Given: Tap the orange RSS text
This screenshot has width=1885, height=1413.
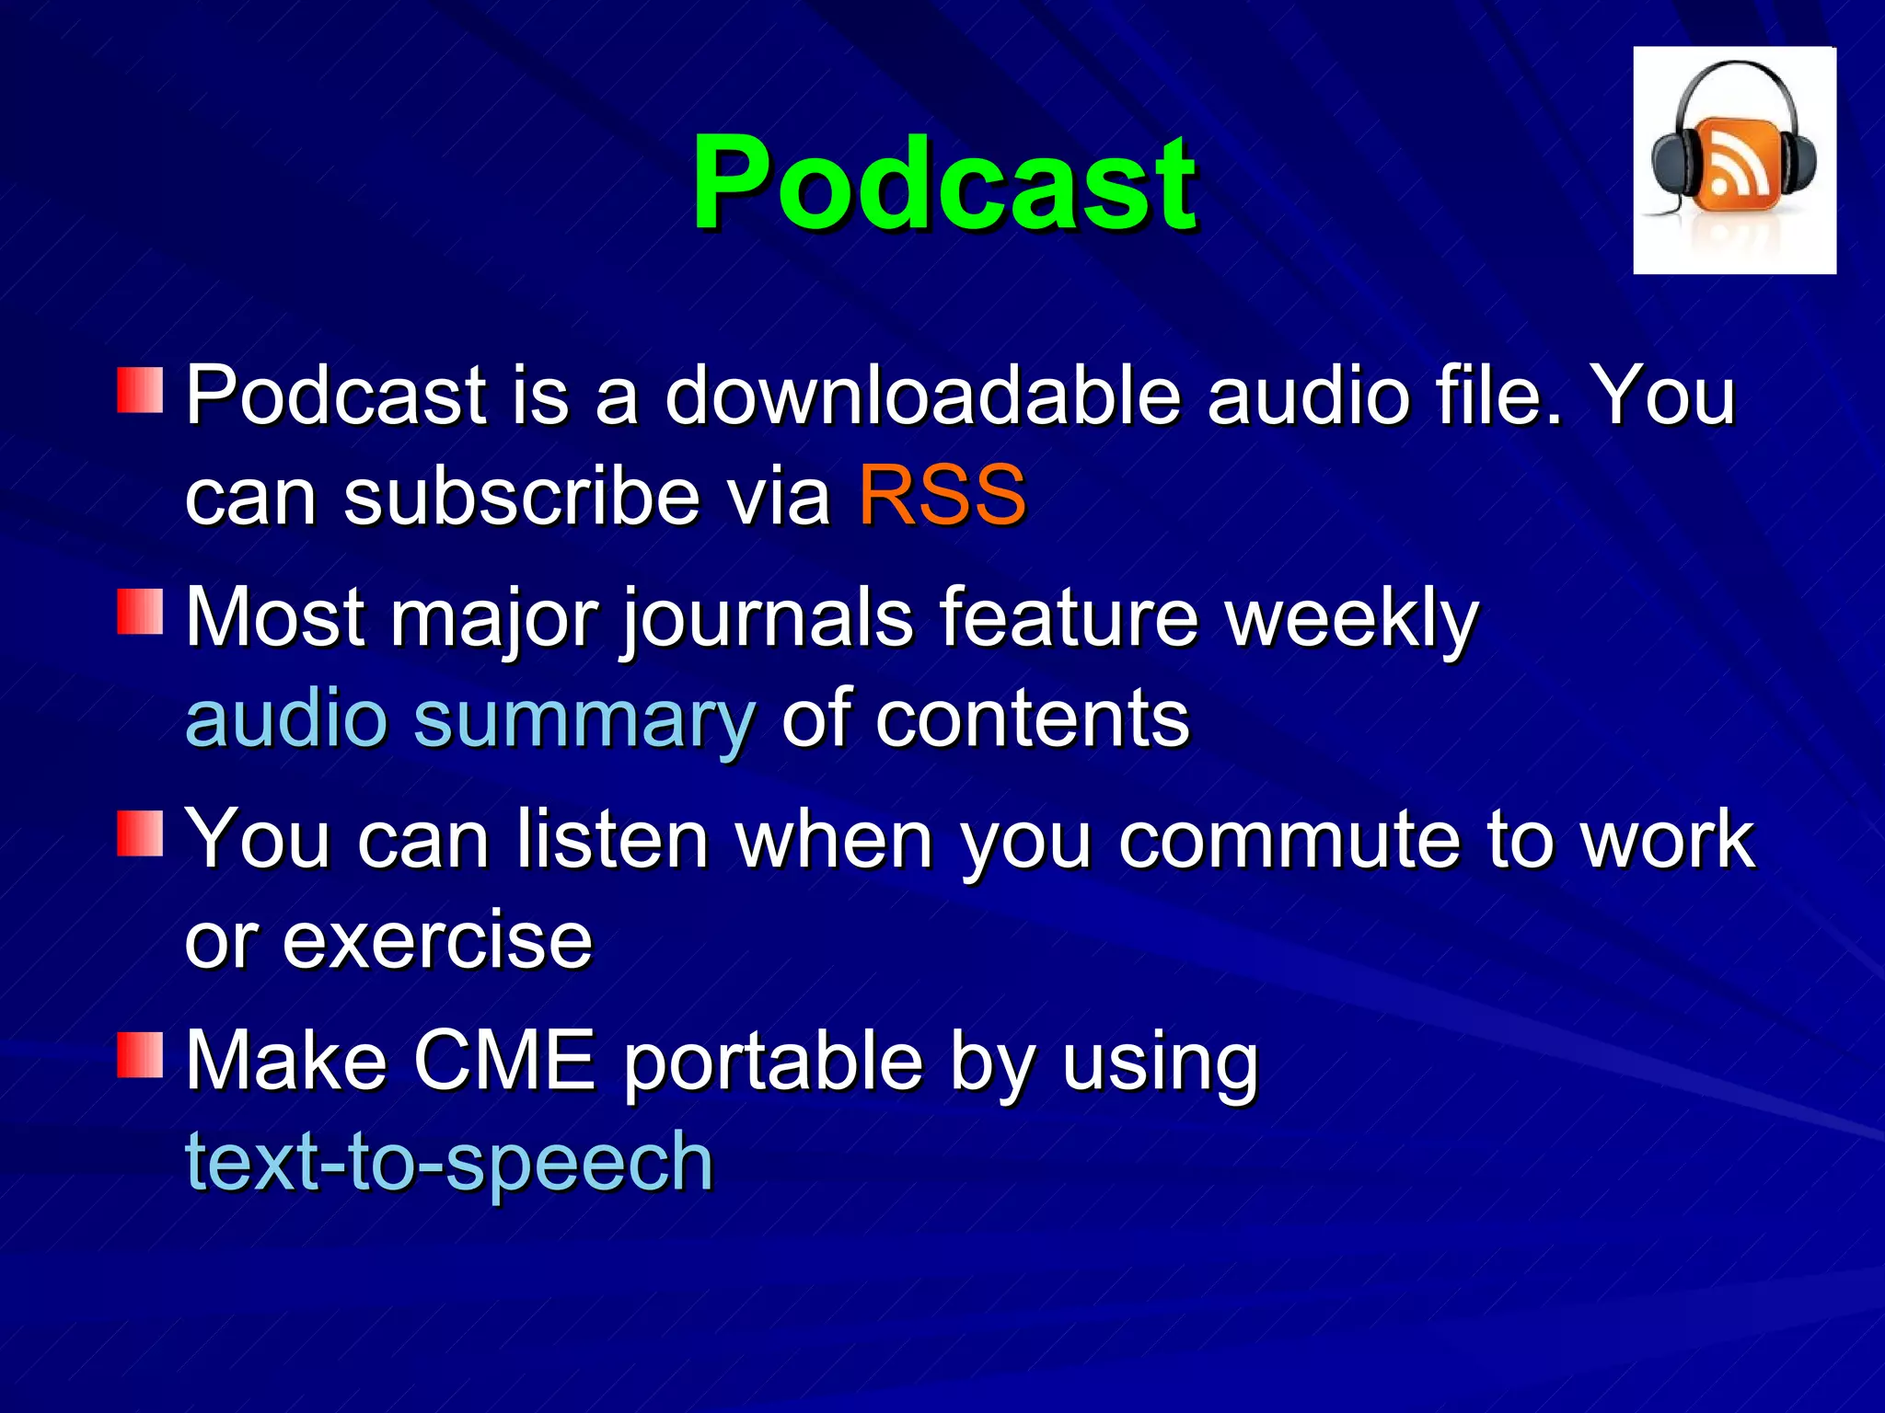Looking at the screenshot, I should click(x=942, y=496).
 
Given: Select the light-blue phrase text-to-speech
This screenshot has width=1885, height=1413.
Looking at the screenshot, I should click(x=449, y=1162).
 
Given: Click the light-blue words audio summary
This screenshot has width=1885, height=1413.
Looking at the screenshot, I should click(x=469, y=718).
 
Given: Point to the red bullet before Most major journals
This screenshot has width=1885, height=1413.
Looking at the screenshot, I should click(x=140, y=613).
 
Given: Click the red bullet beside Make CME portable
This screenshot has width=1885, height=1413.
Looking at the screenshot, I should click(x=140, y=1055).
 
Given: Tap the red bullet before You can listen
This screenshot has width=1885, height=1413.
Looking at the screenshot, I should click(x=140, y=833).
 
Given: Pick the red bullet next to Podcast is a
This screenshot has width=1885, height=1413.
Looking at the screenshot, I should click(x=140, y=390).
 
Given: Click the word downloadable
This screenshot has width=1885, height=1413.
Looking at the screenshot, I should click(x=922, y=396).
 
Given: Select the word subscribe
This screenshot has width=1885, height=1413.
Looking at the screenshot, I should click(x=522, y=496).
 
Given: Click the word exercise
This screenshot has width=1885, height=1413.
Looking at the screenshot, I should click(x=437, y=940).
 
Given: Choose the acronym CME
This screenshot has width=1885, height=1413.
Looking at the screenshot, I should click(x=504, y=1061).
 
